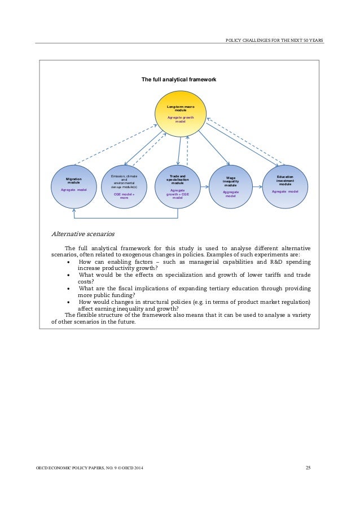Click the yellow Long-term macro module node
(181, 113)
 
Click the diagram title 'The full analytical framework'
(179, 80)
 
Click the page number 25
(308, 468)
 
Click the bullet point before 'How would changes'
(69, 302)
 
